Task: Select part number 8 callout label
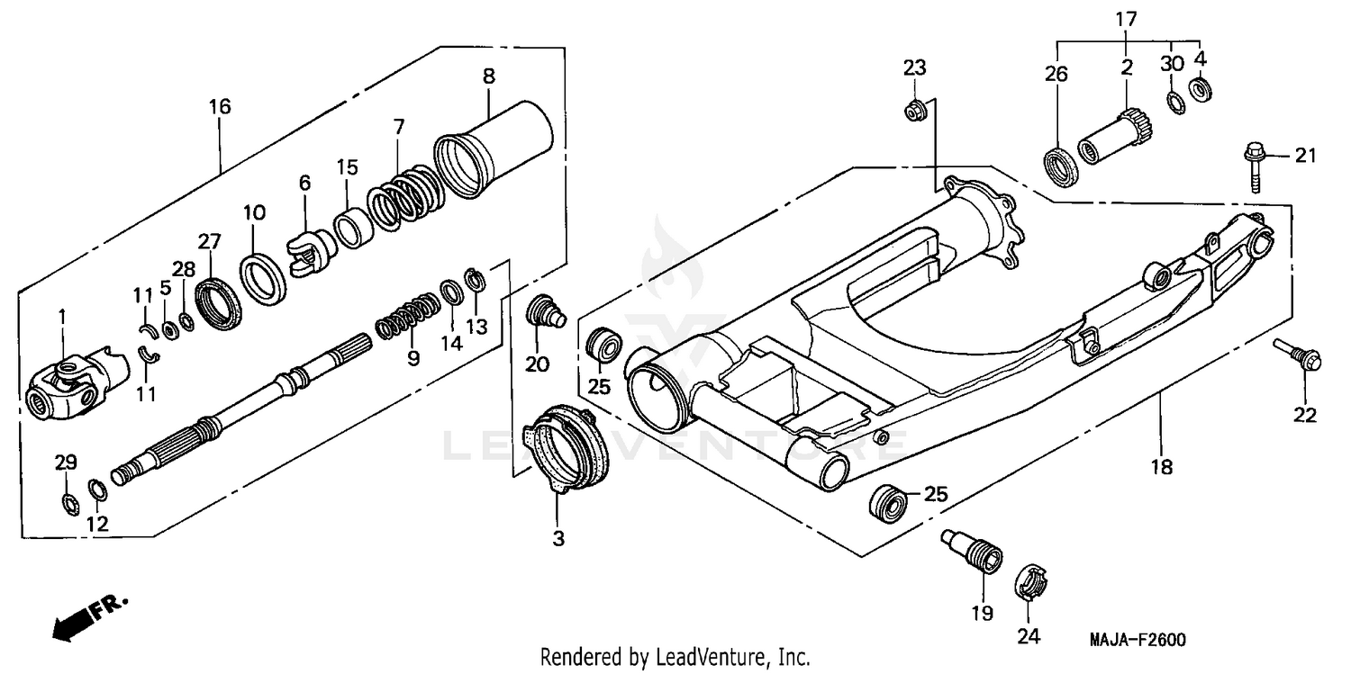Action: [488, 76]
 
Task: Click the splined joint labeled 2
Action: [1118, 135]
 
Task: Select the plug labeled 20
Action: [542, 310]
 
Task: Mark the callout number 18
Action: [1162, 467]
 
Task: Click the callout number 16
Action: [220, 107]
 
